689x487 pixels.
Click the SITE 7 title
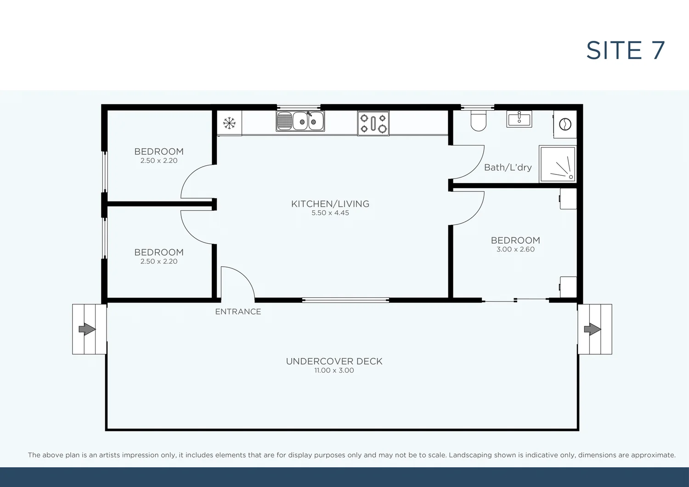tap(625, 50)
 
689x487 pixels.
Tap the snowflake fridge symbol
tap(229, 123)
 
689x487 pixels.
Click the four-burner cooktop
tap(373, 123)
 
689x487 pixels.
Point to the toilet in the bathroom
tap(478, 120)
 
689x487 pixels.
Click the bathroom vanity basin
tap(519, 119)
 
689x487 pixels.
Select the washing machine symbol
tap(565, 124)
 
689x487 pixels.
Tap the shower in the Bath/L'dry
tap(558, 164)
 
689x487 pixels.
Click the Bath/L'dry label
tap(508, 168)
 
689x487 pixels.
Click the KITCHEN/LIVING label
tap(330, 204)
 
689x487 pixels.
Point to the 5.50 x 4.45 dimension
tap(330, 213)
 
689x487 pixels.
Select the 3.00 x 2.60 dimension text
tap(515, 249)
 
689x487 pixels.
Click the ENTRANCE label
tap(238, 312)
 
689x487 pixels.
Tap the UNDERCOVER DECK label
tap(334, 361)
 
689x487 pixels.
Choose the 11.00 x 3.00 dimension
tap(334, 370)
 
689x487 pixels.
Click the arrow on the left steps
tap(87, 329)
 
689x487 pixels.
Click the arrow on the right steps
tap(592, 329)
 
